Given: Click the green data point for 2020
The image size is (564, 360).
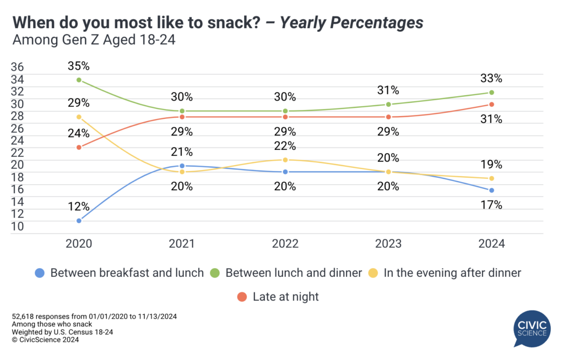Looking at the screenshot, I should click(79, 80).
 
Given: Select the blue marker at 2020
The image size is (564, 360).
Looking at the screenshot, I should click(79, 221).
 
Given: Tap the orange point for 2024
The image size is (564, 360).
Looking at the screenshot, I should click(491, 105).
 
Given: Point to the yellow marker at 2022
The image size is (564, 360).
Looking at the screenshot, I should click(285, 160).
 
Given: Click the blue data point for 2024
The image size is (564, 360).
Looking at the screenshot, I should click(491, 190).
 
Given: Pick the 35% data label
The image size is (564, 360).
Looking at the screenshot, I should click(79, 67).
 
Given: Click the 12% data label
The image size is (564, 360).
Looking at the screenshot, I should click(79, 207).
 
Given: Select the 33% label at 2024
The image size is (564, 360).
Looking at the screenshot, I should click(491, 79).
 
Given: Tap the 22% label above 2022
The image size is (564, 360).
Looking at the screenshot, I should click(285, 146).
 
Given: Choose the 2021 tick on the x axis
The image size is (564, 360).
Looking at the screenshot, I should click(182, 244).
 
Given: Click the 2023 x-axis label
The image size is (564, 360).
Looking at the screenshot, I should click(388, 244).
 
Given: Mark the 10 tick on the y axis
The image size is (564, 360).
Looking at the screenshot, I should click(17, 226).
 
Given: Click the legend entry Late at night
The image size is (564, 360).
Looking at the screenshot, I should click(278, 297).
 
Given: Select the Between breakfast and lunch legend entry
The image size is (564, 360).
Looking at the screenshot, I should click(120, 272).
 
